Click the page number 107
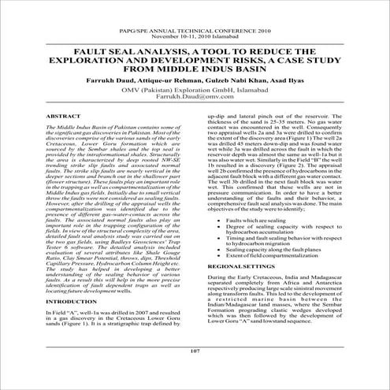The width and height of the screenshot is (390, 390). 195,372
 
